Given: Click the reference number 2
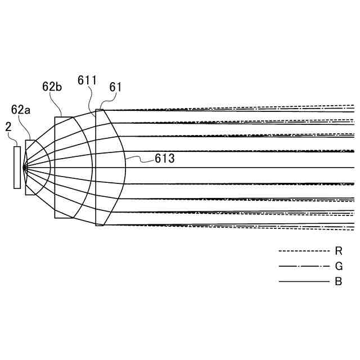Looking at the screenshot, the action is pyautogui.click(x=8, y=127).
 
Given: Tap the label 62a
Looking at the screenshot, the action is pyautogui.click(x=21, y=109).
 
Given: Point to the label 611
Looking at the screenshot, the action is pyautogui.click(x=87, y=81).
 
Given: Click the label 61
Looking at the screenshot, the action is pyautogui.click(x=116, y=87).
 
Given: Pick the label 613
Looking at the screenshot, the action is pyautogui.click(x=165, y=159).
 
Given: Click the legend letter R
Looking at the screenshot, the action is pyautogui.click(x=338, y=251).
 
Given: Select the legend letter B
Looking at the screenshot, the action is pyautogui.click(x=338, y=282).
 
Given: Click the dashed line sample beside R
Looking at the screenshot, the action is pyautogui.click(x=304, y=251).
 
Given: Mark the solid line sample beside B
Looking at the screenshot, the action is pyautogui.click(x=304, y=282).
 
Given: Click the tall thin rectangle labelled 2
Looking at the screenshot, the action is pyautogui.click(x=17, y=167).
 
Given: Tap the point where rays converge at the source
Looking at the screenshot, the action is pyautogui.click(x=24, y=167).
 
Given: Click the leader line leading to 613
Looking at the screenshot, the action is pyautogui.click(x=141, y=161).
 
